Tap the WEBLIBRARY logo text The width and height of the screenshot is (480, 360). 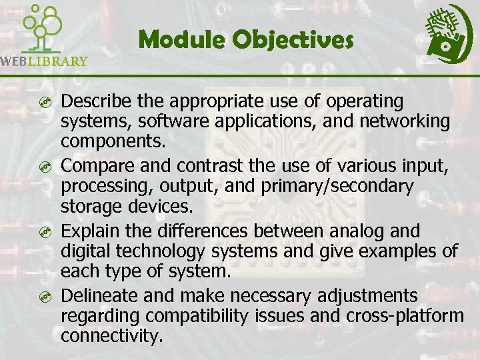[x=45, y=61]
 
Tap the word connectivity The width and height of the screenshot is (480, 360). [x=111, y=336]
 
